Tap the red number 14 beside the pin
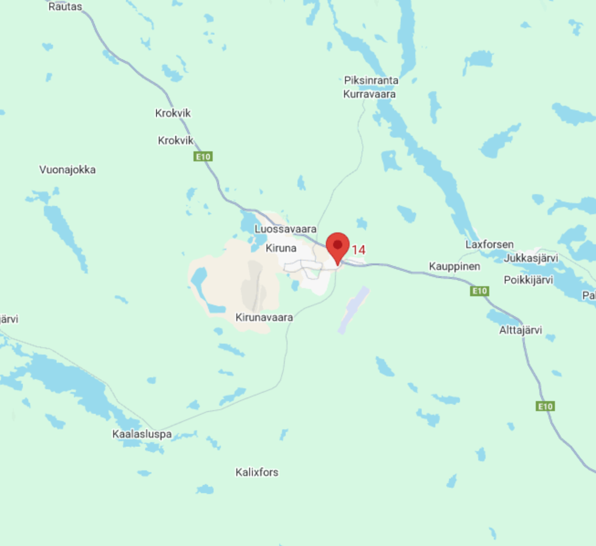[359, 250]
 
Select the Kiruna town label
[281, 248]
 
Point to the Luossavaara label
[285, 229]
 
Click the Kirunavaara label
[264, 317]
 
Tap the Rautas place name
[65, 7]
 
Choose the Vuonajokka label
[68, 170]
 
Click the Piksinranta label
[371, 80]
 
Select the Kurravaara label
[369, 94]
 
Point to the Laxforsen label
[489, 244]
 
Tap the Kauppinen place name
[455, 266]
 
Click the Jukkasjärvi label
[531, 258]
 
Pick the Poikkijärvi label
[528, 280]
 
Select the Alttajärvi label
[520, 330]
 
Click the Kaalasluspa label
[142, 434]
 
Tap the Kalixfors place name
[257, 472]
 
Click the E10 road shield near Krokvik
[203, 157]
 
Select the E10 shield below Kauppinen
[480, 291]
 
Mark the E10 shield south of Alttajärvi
[545, 406]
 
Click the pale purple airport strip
[353, 310]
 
